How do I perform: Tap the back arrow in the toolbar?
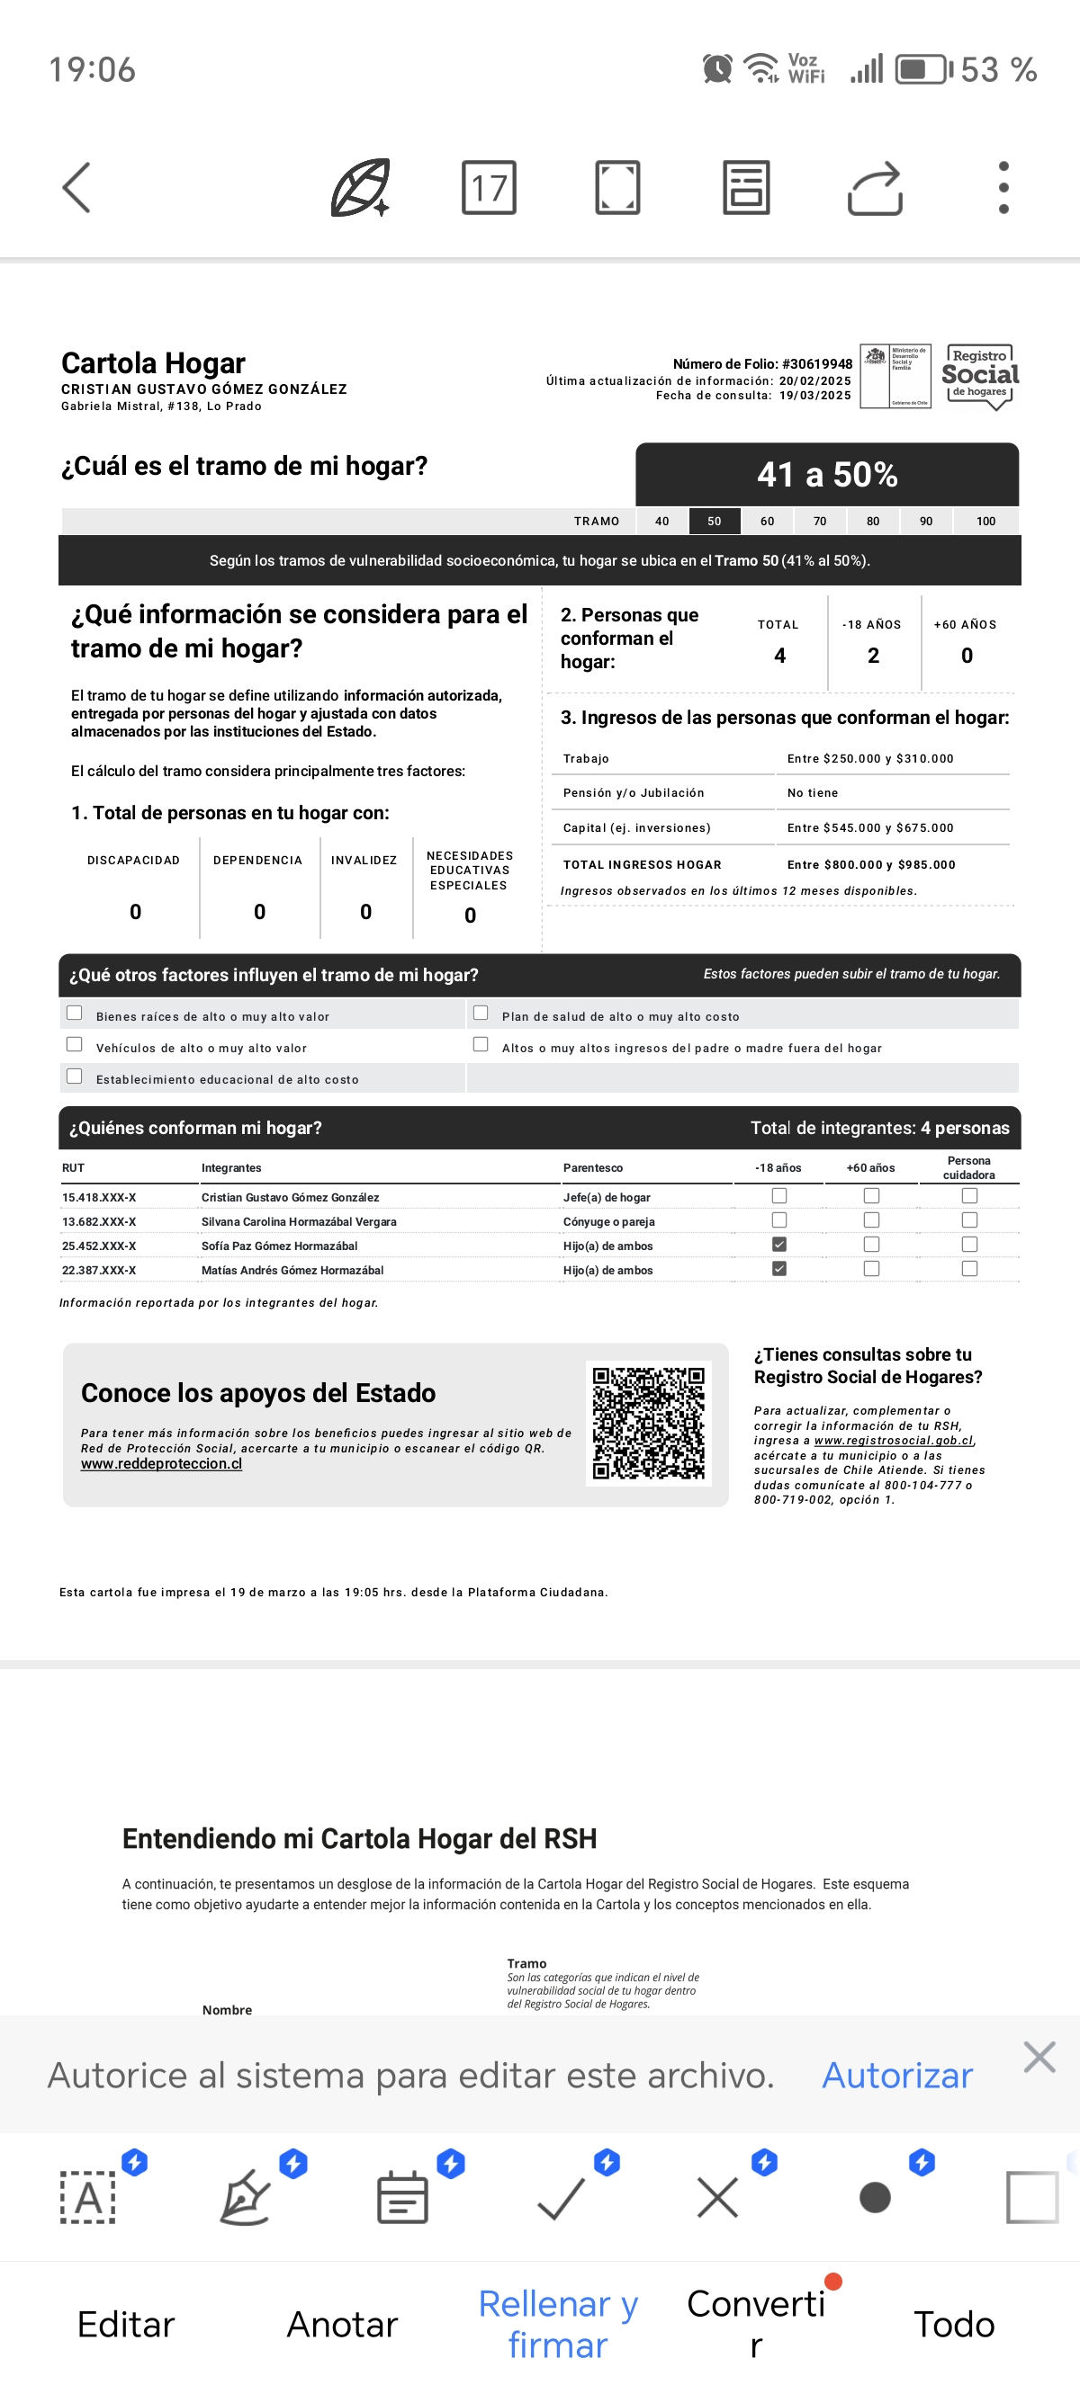point(76,188)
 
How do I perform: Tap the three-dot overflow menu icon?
point(1003,188)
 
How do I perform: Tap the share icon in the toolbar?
point(875,188)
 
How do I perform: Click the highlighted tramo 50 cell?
point(714,522)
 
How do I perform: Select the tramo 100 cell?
point(985,522)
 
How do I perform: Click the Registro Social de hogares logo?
point(980,376)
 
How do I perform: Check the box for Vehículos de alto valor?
point(75,1044)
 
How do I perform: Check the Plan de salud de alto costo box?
point(481,1013)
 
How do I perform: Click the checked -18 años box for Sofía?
point(779,1245)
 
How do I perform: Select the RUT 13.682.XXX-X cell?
point(99,1221)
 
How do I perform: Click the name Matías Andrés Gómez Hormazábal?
point(292,1270)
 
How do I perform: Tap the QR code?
point(648,1423)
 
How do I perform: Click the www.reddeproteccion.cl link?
point(161,1464)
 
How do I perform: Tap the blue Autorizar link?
point(896,2076)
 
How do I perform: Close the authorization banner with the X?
point(1039,2058)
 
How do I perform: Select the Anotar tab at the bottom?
point(342,2324)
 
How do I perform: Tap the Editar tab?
point(126,2324)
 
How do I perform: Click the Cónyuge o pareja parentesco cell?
point(608,1221)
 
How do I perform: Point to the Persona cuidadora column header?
point(969,1167)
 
